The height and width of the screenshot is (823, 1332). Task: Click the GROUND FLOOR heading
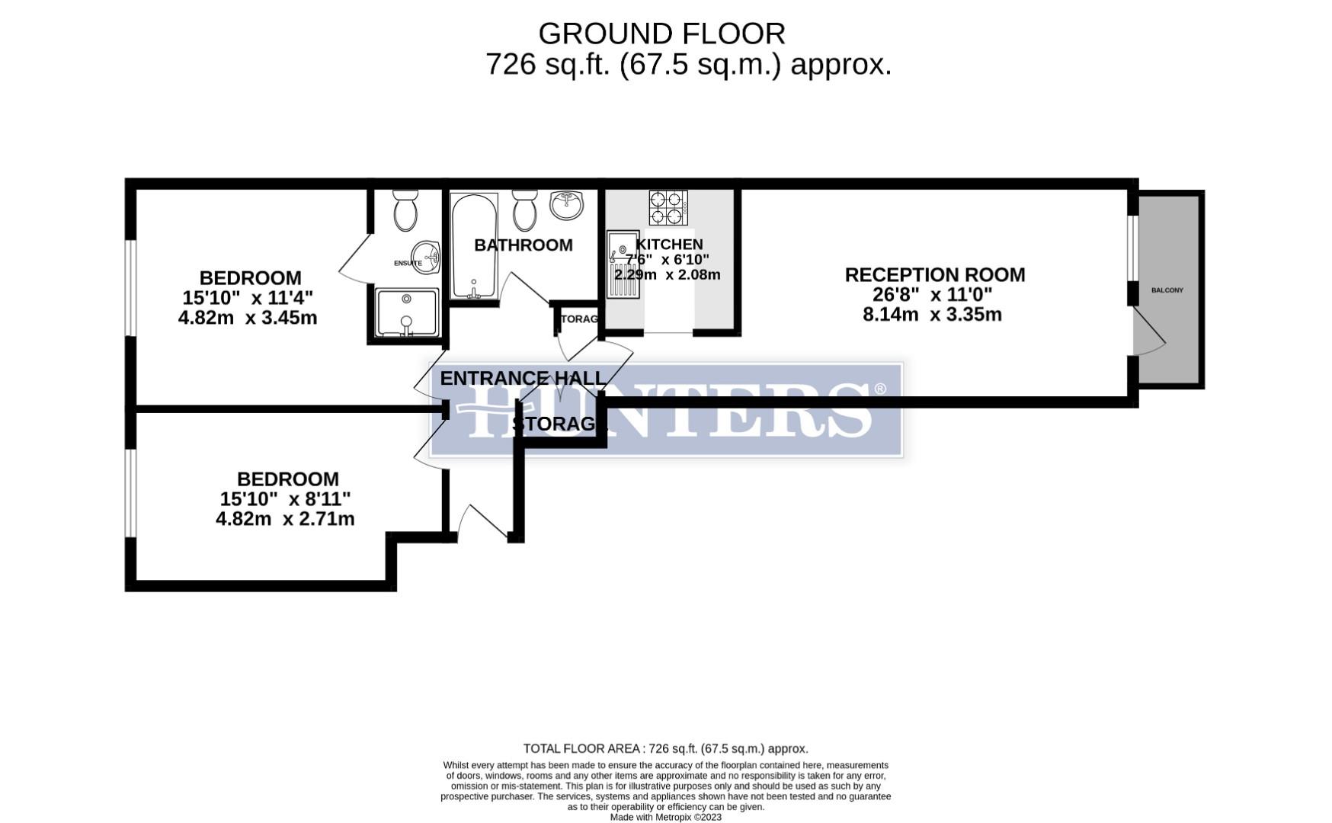[661, 34]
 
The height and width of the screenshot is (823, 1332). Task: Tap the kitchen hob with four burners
[668, 207]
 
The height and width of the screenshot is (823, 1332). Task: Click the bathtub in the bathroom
[473, 245]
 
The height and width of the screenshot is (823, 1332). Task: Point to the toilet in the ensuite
[405, 211]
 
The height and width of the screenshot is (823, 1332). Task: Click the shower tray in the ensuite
[407, 312]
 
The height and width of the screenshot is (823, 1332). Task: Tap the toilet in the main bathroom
[524, 210]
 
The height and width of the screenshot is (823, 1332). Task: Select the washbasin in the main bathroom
[566, 204]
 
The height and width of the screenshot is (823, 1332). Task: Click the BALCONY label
[1167, 290]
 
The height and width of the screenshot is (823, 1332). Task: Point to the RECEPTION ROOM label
[934, 274]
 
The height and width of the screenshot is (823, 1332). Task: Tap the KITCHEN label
[669, 244]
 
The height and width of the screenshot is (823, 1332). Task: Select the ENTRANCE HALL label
[523, 378]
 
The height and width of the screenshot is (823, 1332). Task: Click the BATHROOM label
[523, 245]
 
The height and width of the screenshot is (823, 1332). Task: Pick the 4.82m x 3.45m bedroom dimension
[247, 317]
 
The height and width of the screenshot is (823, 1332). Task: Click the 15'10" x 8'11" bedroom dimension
[285, 499]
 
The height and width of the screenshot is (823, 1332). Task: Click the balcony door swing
[1148, 331]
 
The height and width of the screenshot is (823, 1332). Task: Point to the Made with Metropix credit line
[665, 817]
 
